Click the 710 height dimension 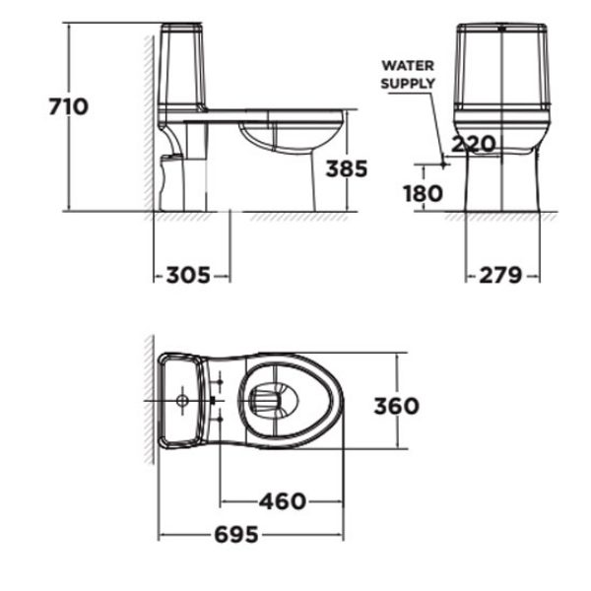pyautogui.click(x=69, y=105)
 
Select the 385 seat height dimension pyautogui.click(x=346, y=168)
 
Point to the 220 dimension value pyautogui.click(x=473, y=145)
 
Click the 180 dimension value pyautogui.click(x=422, y=193)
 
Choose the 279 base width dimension pyautogui.click(x=500, y=276)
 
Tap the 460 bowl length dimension pyautogui.click(x=282, y=501)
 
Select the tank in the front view pyautogui.click(x=502, y=64)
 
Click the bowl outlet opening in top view pyautogui.click(x=271, y=399)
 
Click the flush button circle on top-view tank pyautogui.click(x=181, y=402)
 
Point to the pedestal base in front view pyautogui.click(x=502, y=182)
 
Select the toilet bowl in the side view pyautogui.click(x=291, y=138)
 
